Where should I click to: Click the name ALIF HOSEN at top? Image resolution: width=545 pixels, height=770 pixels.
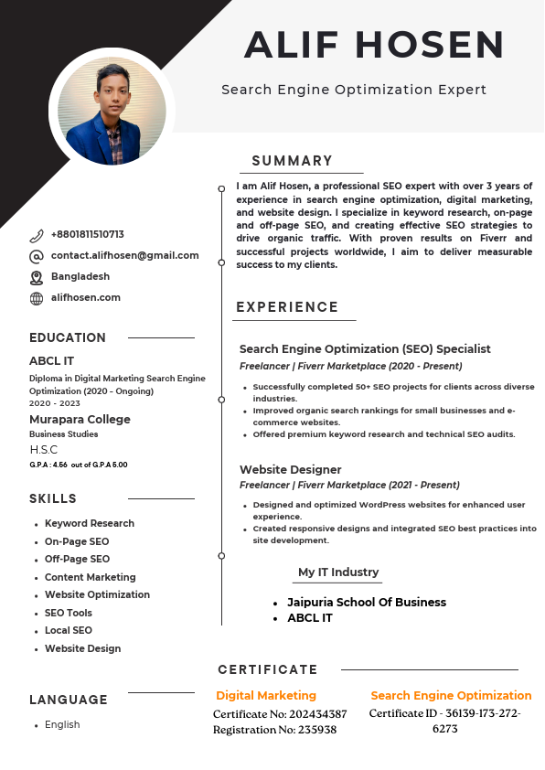(374, 45)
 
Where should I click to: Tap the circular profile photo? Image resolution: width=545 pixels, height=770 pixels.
(112, 111)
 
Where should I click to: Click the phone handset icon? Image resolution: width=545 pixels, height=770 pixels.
(37, 235)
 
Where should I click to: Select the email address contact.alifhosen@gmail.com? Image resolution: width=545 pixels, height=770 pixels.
(124, 256)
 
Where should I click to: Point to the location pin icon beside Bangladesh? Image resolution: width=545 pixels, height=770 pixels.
(37, 277)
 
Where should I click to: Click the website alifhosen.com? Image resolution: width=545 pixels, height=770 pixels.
(86, 298)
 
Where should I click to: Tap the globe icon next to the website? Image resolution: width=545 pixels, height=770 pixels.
(37, 298)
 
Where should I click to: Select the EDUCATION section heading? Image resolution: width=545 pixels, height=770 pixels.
(68, 337)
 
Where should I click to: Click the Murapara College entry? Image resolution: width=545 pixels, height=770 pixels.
(80, 419)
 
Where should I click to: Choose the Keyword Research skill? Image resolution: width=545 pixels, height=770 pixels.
(90, 523)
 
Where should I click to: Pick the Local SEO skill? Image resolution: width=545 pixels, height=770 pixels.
(69, 630)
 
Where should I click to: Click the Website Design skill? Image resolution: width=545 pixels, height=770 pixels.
(82, 648)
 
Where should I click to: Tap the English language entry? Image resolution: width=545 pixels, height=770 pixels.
(62, 724)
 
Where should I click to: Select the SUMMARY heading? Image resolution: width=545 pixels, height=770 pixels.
(293, 161)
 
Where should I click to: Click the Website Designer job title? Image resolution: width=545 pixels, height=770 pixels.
(290, 469)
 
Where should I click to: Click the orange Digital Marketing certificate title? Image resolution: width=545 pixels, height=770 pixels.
(266, 695)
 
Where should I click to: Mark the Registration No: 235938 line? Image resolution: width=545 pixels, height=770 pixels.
(274, 730)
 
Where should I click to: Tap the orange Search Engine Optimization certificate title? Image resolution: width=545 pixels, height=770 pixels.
(451, 695)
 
